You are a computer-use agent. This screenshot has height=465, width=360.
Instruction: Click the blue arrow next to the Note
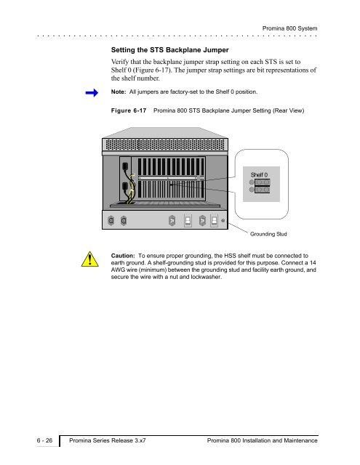tap(92, 93)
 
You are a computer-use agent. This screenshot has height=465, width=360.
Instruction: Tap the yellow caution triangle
tap(90, 259)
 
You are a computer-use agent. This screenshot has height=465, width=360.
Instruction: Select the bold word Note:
tap(119, 92)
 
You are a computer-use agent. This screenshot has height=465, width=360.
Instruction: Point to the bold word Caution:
tap(123, 256)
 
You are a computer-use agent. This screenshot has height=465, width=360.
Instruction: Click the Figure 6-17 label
tap(129, 110)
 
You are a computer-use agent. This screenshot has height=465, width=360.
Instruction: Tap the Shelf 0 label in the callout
tap(259, 174)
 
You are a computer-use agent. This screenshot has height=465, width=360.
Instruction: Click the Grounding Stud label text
tap(268, 234)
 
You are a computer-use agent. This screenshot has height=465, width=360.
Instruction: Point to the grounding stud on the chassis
tap(223, 221)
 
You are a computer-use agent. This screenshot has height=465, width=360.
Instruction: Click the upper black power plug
tap(125, 166)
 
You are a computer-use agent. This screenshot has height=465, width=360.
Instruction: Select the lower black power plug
tap(125, 186)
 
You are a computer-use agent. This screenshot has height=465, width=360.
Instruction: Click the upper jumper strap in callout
tap(262, 182)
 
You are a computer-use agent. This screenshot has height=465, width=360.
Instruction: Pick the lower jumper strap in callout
tap(262, 190)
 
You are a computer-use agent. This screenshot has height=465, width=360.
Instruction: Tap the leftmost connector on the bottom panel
tap(111, 221)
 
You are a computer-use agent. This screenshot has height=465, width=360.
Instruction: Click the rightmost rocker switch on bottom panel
tap(214, 221)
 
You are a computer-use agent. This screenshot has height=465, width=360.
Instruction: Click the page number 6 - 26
tap(44, 440)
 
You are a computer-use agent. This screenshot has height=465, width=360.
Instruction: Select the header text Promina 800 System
tap(289, 28)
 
